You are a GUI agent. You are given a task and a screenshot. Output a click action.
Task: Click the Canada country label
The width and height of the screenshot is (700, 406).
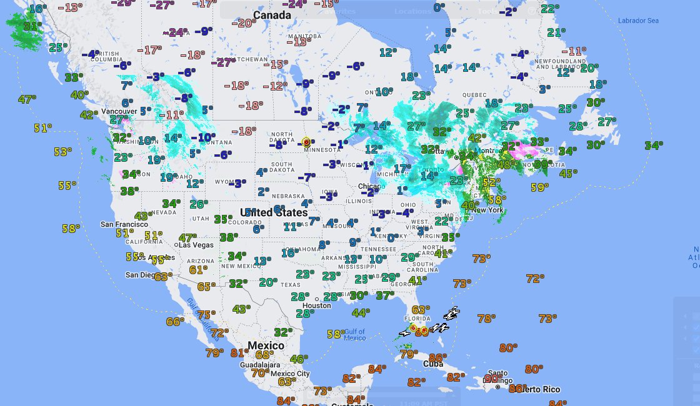tap(272, 15)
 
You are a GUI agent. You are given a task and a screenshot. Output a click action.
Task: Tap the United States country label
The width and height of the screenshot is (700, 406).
tap(274, 212)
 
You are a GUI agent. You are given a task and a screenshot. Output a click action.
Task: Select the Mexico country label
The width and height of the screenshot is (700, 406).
tap(266, 345)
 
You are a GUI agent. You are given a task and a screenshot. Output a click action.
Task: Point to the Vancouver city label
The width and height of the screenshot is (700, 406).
tap(119, 111)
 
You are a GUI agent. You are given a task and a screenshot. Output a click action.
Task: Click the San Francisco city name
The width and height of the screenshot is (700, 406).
tap(124, 224)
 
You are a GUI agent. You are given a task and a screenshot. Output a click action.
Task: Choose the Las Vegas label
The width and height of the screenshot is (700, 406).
tap(196, 245)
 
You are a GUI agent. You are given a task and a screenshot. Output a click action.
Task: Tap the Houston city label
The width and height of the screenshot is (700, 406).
tap(316, 305)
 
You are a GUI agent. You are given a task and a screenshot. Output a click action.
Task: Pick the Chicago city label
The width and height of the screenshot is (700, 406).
tap(371, 187)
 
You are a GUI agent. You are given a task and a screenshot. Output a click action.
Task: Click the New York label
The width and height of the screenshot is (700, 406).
tap(487, 210)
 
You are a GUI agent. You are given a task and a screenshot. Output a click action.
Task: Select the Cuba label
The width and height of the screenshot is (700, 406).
tap(433, 364)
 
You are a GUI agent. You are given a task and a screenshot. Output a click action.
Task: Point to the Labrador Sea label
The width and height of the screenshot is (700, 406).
tap(638, 21)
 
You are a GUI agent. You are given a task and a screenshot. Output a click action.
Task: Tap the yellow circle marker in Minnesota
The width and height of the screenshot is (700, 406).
tap(307, 142)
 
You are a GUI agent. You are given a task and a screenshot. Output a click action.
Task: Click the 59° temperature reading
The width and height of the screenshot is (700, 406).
tap(539, 187)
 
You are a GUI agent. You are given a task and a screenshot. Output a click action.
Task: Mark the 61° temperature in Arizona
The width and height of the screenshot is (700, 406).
tap(198, 270)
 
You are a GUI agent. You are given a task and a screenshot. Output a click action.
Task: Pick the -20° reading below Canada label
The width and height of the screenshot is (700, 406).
tap(244, 23)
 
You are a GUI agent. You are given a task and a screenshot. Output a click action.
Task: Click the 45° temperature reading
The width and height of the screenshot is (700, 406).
tap(568, 173)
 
